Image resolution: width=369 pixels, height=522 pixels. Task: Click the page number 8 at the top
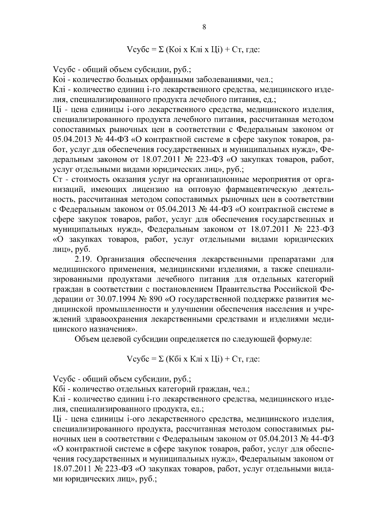[x=204, y=27]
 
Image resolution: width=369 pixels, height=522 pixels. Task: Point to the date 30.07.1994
[x=118, y=299]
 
